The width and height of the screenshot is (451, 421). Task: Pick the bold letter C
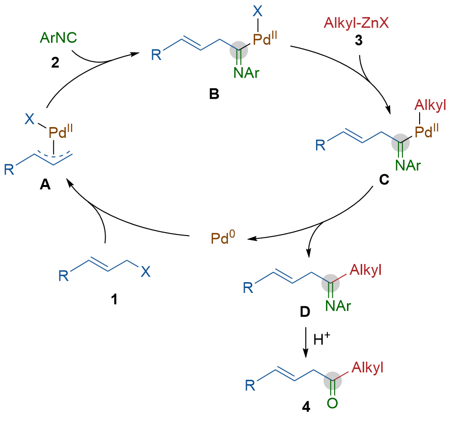384,181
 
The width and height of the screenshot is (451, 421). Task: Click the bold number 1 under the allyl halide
114,299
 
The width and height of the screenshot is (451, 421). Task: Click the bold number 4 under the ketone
306,408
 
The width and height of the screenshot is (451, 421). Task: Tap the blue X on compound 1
146,271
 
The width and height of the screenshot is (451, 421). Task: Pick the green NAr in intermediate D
338,306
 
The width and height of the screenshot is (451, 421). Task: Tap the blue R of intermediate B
156,55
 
